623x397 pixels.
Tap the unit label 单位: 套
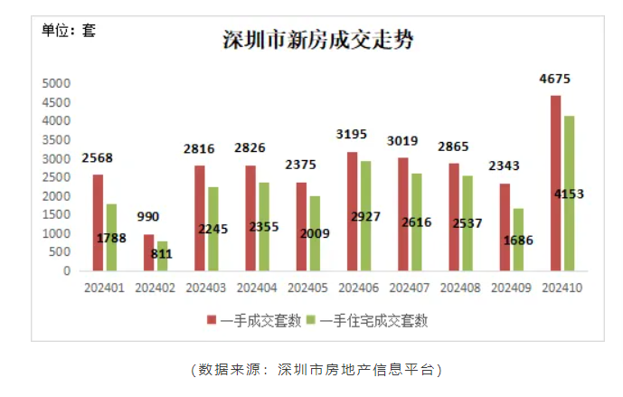(x=69, y=30)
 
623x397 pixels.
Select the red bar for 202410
(x=555, y=183)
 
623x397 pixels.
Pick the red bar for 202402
(x=148, y=252)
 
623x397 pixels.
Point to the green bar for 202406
(x=365, y=215)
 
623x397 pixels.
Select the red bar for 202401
(x=98, y=222)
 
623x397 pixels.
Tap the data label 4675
(x=555, y=79)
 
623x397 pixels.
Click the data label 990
(x=148, y=217)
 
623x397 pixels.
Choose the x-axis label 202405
(x=307, y=287)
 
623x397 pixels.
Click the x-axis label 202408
(x=458, y=287)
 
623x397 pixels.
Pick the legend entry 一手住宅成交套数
(x=372, y=319)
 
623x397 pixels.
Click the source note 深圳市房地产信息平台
(x=356, y=370)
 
